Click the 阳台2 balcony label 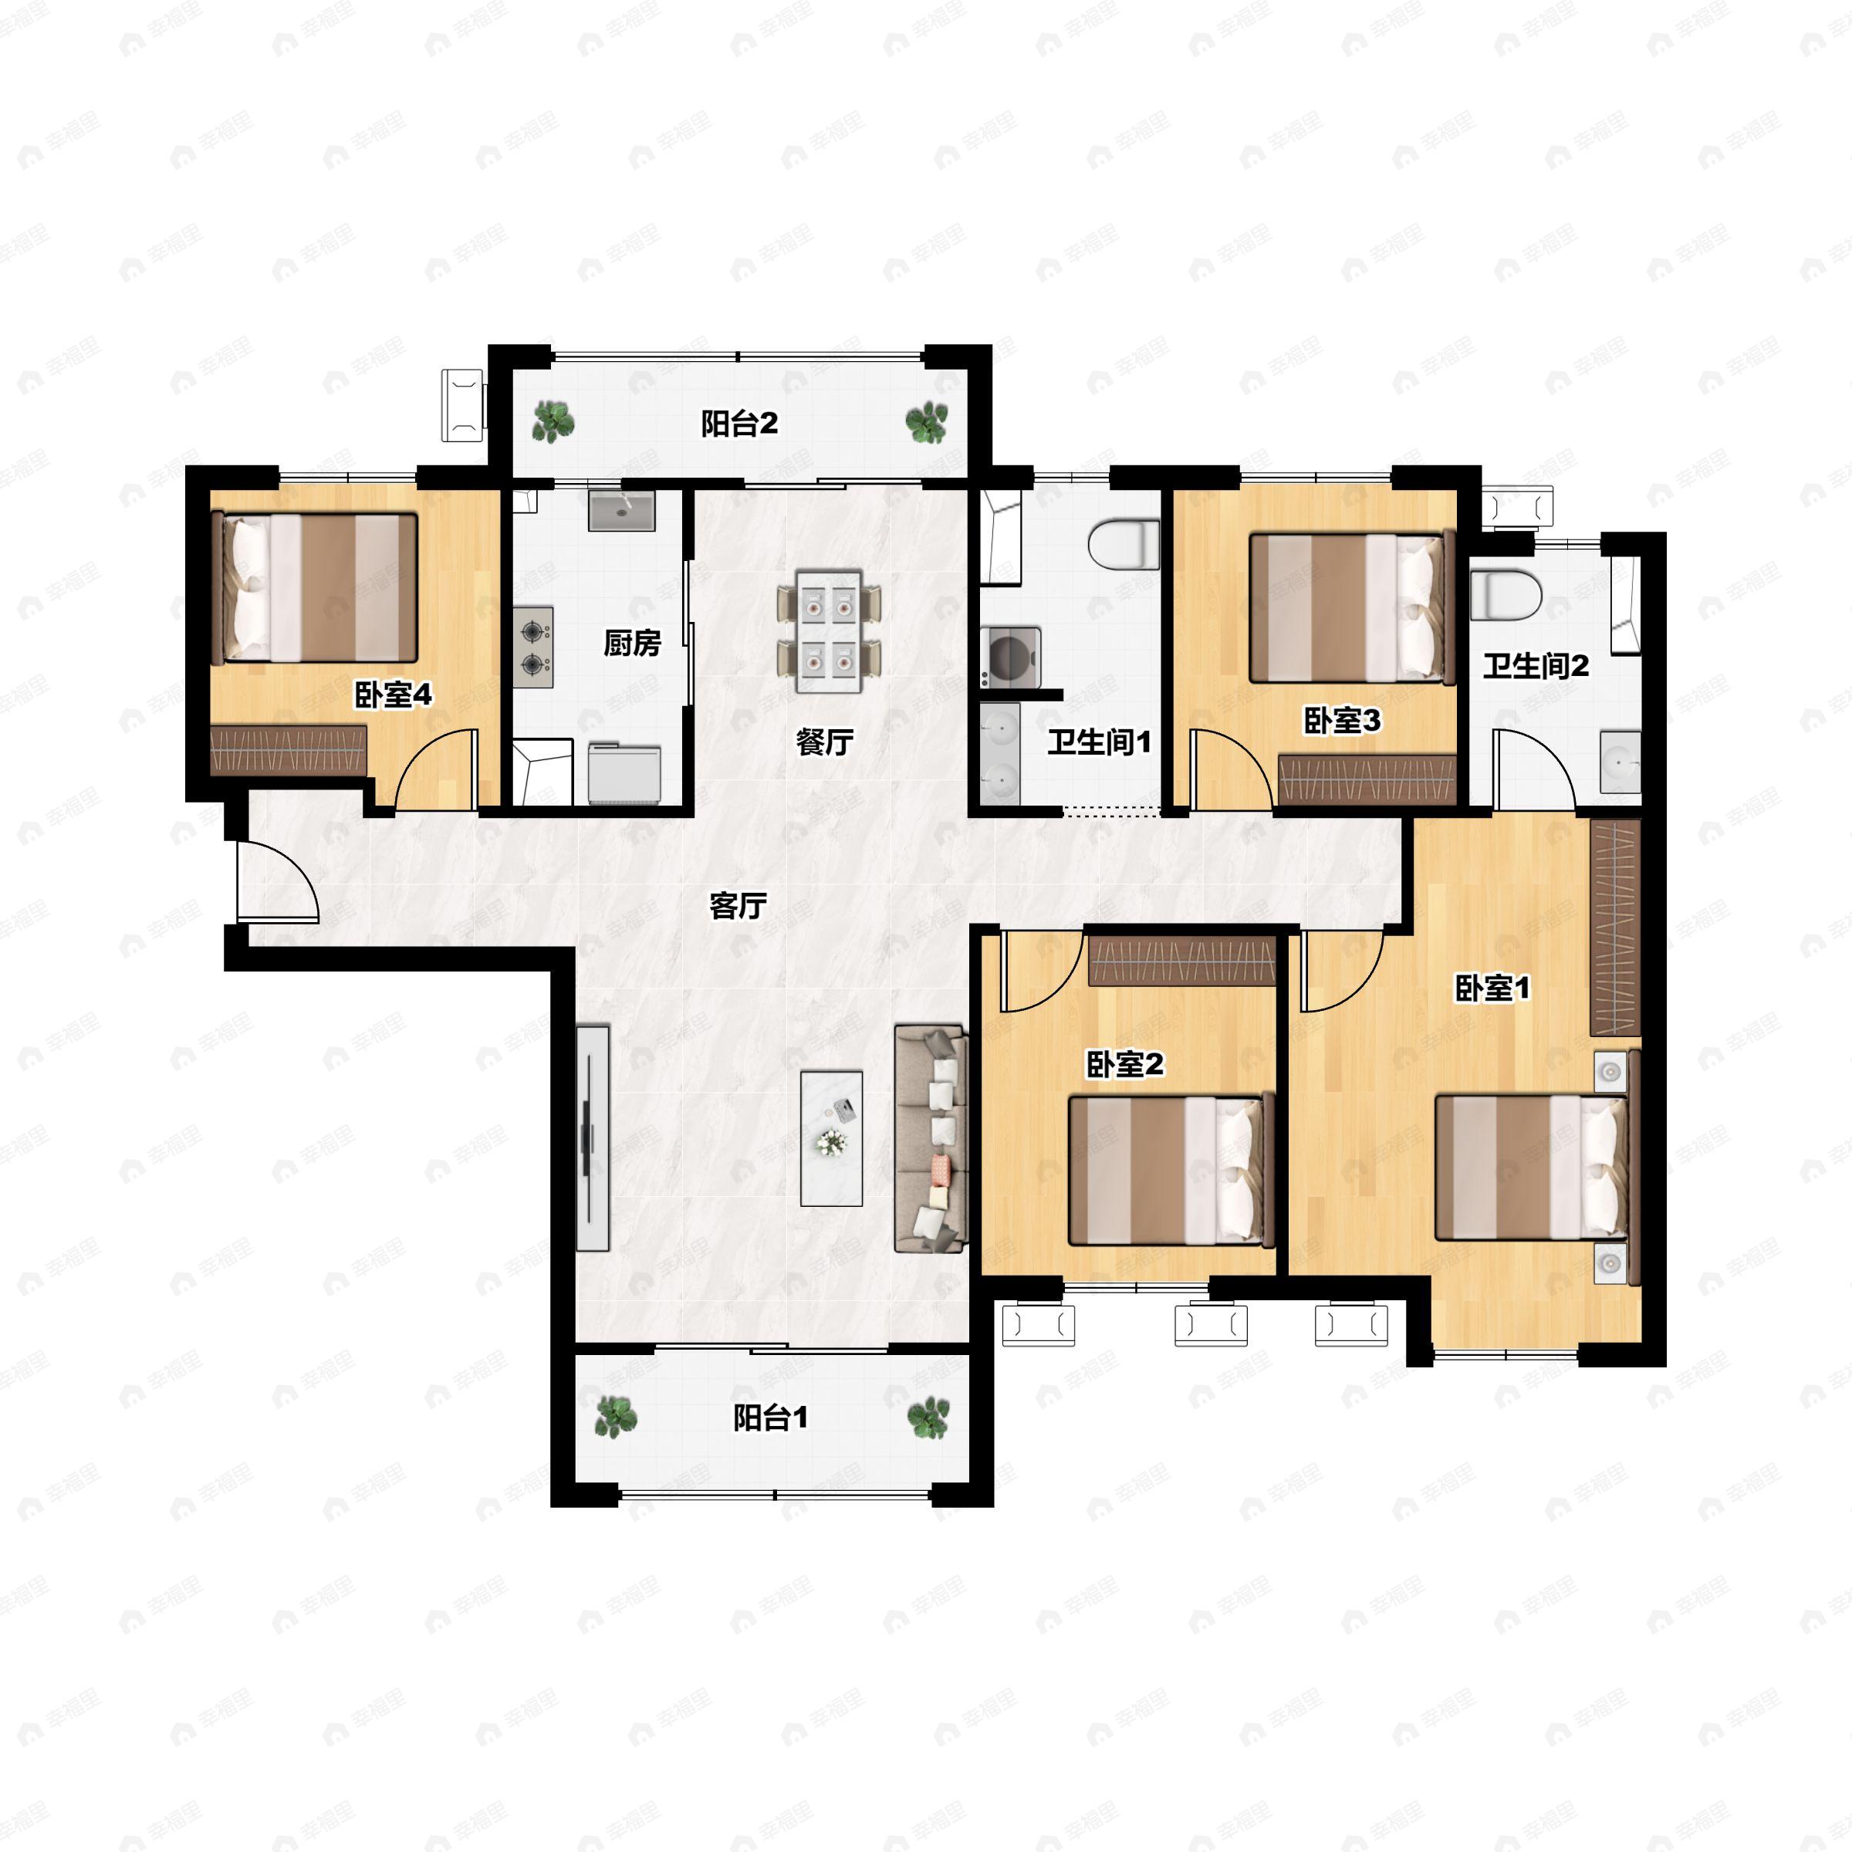tap(739, 423)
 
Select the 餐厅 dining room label tap(824, 741)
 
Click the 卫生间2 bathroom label tap(1536, 665)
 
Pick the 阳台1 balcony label tap(771, 1417)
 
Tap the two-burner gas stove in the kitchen tap(533, 647)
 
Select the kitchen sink tap(621, 511)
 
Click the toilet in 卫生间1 tap(1124, 543)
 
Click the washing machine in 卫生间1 tap(1010, 657)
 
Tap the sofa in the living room tap(931, 1139)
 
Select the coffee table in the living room tap(831, 1139)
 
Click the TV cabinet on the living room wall tap(593, 1138)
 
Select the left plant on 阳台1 tap(614, 1416)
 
